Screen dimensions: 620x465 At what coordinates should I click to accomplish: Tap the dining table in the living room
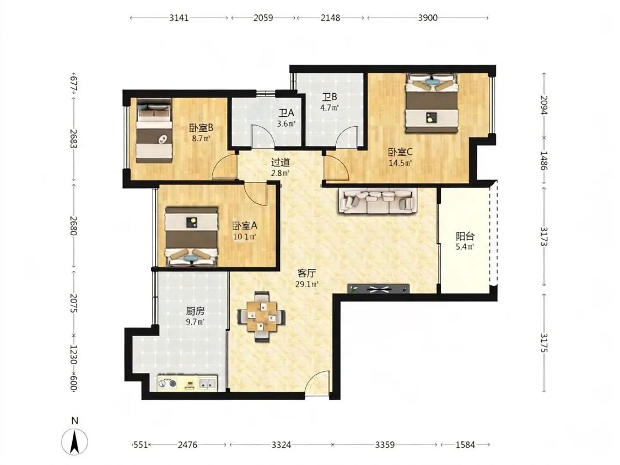[261, 316]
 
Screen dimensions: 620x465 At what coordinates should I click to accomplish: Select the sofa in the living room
[378, 201]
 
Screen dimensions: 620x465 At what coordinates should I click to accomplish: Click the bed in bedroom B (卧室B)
[154, 130]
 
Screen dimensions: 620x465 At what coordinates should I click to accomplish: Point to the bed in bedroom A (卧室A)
[191, 236]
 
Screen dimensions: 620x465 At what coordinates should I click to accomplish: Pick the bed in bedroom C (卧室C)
[432, 103]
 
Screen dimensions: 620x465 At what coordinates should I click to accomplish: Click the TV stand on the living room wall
[379, 289]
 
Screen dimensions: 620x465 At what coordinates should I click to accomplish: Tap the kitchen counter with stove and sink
[187, 383]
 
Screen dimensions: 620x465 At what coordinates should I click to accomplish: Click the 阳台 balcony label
[465, 236]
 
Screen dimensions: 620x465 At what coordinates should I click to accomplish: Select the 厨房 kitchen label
[195, 311]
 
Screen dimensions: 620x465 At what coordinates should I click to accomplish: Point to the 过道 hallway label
[281, 162]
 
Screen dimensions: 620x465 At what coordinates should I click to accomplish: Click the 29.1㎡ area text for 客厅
[307, 284]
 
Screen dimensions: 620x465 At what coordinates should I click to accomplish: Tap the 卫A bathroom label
[286, 113]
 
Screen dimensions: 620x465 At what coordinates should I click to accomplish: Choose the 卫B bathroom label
[330, 97]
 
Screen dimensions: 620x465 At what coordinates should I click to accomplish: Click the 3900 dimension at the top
[428, 18]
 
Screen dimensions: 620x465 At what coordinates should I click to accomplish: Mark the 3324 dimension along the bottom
[281, 445]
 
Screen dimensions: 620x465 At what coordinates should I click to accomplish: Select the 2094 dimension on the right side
[544, 105]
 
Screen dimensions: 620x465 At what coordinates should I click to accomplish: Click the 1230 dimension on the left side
[73, 354]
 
